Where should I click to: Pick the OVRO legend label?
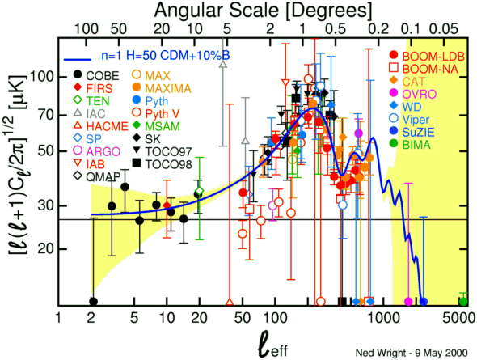pos(420,94)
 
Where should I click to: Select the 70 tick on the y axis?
pos(45,116)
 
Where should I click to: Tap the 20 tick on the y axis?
pos(45,249)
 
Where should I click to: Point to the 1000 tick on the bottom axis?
pos(383,318)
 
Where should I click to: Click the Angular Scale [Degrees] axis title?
pos(264,11)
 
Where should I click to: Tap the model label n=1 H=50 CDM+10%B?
pos(166,56)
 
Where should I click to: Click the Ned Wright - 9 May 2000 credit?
pos(412,353)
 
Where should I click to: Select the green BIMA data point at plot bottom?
pos(463,302)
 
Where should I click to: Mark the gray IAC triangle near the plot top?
pos(224,64)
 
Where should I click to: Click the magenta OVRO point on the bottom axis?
pos(408,302)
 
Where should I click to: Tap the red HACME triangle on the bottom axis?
pos(230,303)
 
